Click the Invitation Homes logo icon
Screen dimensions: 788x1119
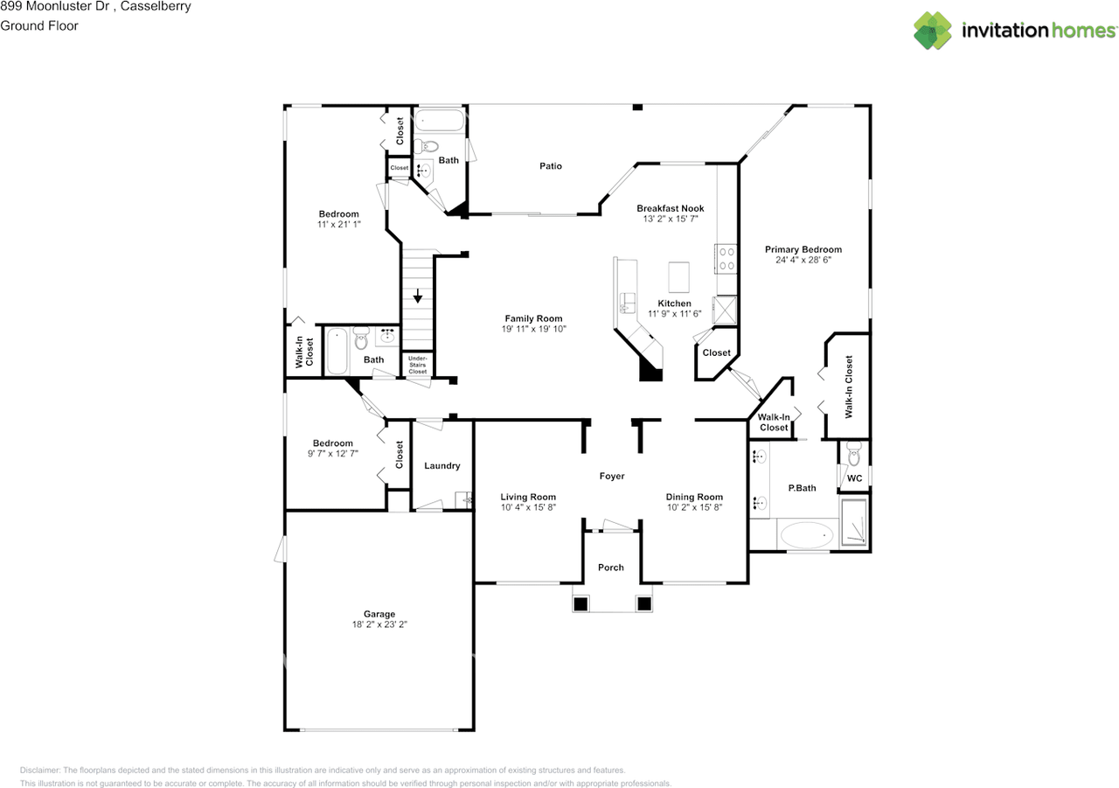(933, 31)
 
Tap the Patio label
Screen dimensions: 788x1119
(550, 166)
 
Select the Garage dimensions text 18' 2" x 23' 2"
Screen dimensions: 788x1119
(379, 625)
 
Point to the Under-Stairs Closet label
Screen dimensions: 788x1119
(418, 365)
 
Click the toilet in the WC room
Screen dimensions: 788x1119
(854, 457)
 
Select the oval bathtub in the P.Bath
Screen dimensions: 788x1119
(807, 534)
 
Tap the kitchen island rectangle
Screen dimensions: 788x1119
(679, 277)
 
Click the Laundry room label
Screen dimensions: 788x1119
(441, 466)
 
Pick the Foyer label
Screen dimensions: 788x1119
(611, 476)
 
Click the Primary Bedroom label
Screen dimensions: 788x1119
(803, 249)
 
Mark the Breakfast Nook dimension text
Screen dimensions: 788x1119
(670, 220)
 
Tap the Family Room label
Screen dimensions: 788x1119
(533, 318)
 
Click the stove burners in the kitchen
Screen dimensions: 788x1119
(726, 259)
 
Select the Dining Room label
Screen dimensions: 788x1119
(694, 497)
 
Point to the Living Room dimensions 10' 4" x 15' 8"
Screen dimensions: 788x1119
(528, 507)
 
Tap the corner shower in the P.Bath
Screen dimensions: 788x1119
(854, 523)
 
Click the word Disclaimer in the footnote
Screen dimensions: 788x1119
(40, 771)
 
